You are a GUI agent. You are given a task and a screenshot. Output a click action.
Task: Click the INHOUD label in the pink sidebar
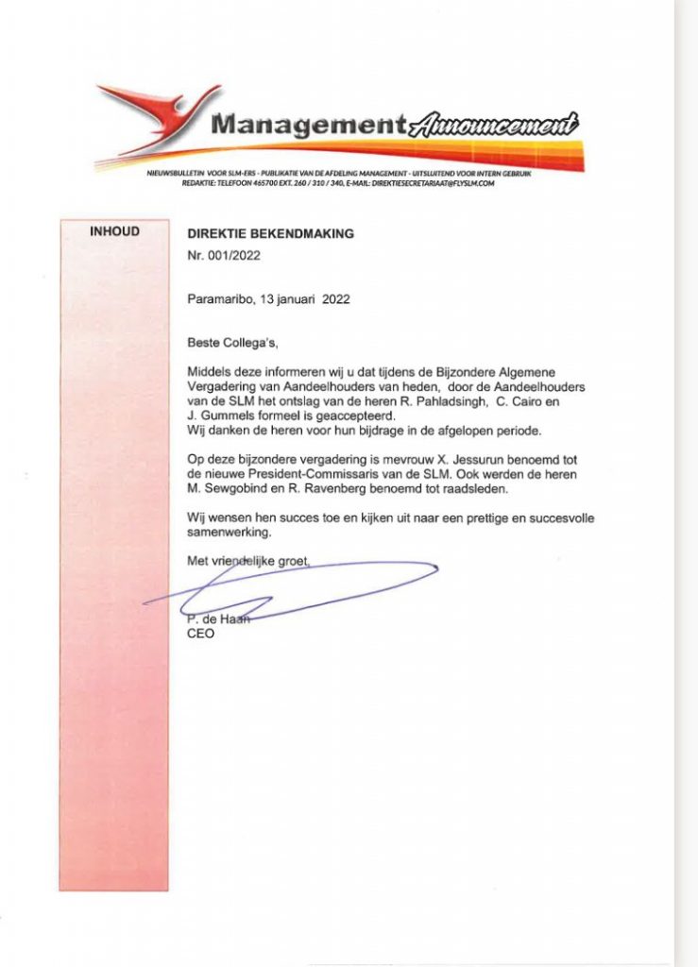point(114,230)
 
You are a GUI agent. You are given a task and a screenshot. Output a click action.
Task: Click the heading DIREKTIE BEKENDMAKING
point(271,233)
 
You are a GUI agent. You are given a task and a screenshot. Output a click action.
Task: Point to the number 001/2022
point(233,255)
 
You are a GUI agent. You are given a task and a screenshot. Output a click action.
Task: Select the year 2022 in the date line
point(335,299)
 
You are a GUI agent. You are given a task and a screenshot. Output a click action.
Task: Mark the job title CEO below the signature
point(200,634)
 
